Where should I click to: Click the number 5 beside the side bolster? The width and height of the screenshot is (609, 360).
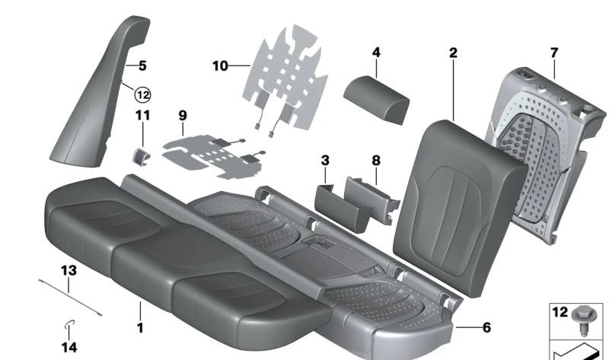(x=142, y=66)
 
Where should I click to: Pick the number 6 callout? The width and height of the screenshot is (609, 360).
(x=486, y=328)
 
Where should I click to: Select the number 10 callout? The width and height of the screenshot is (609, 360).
(x=220, y=66)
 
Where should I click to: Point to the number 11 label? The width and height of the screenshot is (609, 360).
(x=143, y=115)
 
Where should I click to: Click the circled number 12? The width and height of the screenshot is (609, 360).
(x=142, y=94)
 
